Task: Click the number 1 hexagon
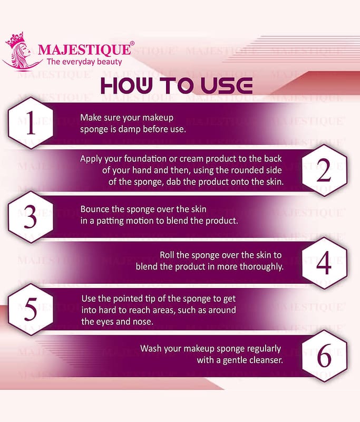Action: point(31,123)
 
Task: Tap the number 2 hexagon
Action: point(324,170)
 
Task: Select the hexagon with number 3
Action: point(31,217)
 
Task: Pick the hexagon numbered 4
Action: point(324,263)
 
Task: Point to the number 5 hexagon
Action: point(31,310)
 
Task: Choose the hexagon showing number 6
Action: point(324,356)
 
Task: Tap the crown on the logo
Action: point(15,40)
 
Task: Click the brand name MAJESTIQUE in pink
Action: point(84,50)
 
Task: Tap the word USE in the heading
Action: point(227,85)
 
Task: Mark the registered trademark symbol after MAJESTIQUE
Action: point(132,43)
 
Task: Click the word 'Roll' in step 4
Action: point(167,255)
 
